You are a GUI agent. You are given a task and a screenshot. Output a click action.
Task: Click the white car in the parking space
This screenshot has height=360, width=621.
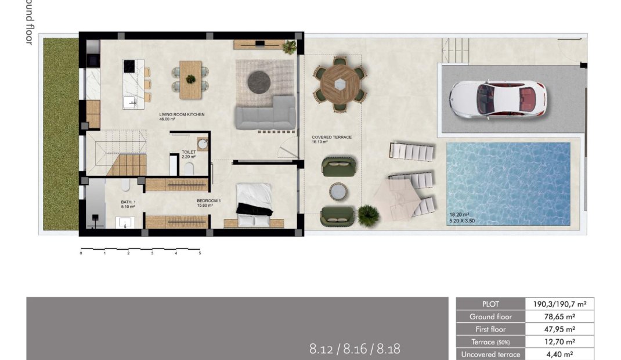click(x=497, y=100)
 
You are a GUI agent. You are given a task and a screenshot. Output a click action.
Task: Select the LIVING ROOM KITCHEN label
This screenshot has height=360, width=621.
click(x=182, y=115)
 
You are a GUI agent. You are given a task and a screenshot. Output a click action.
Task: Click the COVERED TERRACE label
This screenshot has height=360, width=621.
click(x=331, y=138)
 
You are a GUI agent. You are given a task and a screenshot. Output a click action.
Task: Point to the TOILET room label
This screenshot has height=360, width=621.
click(x=189, y=152)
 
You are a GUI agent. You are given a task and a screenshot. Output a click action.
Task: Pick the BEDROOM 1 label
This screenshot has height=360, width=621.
click(x=208, y=201)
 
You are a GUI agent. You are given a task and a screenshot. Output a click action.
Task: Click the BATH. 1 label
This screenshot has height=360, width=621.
click(x=128, y=201)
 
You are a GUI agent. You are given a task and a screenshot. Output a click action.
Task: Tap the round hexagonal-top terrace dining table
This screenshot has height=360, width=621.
click(x=340, y=83)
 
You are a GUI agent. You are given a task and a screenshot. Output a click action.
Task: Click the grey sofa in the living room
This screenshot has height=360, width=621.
click(x=265, y=113)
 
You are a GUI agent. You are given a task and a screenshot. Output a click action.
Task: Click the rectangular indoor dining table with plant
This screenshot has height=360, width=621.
click(x=190, y=80)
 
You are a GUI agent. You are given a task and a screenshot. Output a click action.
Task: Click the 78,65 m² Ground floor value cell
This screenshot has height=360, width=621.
click(x=559, y=316)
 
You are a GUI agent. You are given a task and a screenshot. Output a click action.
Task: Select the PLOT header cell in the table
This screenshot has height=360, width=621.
click(x=490, y=304)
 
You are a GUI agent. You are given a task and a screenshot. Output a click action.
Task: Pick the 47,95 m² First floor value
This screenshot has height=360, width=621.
click(x=559, y=329)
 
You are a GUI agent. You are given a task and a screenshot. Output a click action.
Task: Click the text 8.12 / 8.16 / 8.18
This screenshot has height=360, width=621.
click(x=355, y=349)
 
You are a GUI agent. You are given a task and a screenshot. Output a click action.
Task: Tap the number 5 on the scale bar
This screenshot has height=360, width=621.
click(x=200, y=253)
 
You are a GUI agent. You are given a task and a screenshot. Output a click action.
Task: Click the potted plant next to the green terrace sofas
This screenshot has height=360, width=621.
click(x=368, y=215)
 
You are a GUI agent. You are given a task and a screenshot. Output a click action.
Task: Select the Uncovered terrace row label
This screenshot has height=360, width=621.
click(x=490, y=354)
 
